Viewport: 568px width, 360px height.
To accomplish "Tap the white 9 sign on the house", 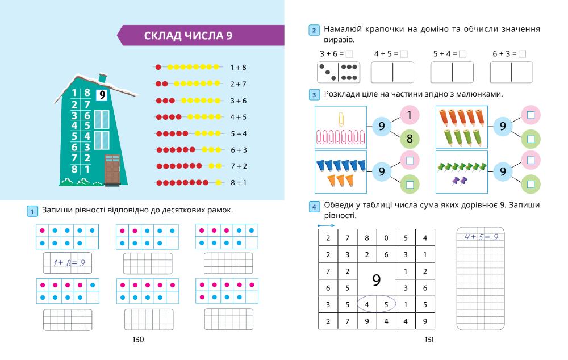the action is click(x=102, y=95).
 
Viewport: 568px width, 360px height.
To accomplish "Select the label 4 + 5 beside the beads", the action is click(x=239, y=118).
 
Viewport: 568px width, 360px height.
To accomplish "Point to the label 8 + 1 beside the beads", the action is click(x=239, y=183).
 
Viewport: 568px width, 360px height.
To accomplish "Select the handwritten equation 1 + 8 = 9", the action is click(x=68, y=263).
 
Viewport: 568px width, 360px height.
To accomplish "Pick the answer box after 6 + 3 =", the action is click(x=523, y=54).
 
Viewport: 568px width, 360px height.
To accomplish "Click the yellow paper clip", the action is click(x=341, y=119).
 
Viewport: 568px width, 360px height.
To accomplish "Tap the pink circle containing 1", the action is click(x=409, y=115).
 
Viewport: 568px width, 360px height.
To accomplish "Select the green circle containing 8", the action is click(x=409, y=139).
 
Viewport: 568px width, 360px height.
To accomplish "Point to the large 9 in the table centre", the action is click(x=376, y=279).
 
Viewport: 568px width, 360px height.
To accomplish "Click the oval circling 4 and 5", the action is click(x=376, y=304).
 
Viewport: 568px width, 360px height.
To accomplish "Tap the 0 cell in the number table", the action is click(x=386, y=238).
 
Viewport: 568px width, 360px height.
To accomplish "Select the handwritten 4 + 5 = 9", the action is click(x=481, y=237).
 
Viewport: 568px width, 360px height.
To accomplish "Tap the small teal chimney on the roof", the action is click(x=103, y=77).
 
